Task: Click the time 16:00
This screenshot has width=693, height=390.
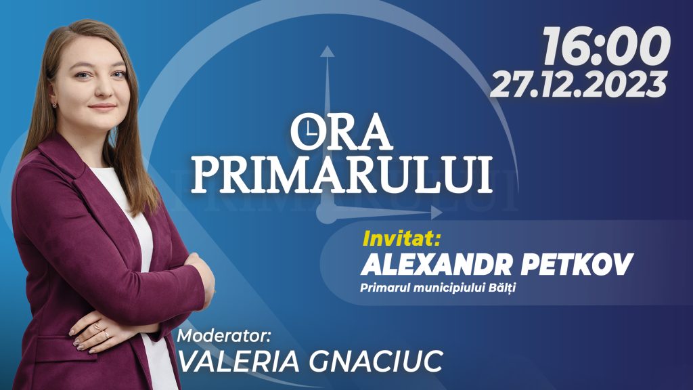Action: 606,45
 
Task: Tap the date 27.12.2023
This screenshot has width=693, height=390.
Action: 579,84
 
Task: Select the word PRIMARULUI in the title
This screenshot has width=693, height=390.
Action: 341,174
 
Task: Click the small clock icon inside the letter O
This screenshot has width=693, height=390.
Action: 309,131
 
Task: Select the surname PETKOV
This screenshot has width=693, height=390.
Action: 577,265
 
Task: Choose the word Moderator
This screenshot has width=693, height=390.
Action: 223,336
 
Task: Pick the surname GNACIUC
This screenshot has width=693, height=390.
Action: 376,362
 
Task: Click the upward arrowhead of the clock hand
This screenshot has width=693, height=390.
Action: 327,51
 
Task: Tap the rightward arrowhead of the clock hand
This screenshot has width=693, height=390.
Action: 437,213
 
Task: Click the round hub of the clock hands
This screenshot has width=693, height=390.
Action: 328,213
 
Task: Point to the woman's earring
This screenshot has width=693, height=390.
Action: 55,105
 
